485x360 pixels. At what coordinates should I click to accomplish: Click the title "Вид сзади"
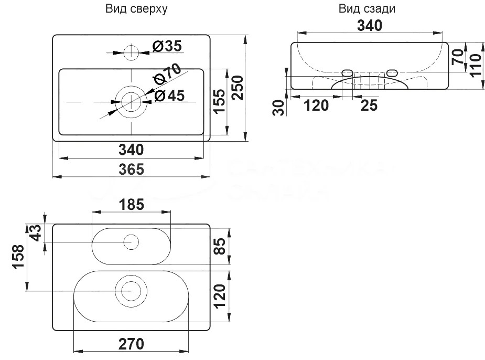[367, 9]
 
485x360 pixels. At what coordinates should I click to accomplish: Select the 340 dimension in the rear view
[369, 25]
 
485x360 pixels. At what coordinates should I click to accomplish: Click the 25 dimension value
[369, 105]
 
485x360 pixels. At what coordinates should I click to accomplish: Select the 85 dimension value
[220, 245]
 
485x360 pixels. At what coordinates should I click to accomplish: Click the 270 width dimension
[131, 344]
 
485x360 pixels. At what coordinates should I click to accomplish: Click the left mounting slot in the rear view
[347, 72]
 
